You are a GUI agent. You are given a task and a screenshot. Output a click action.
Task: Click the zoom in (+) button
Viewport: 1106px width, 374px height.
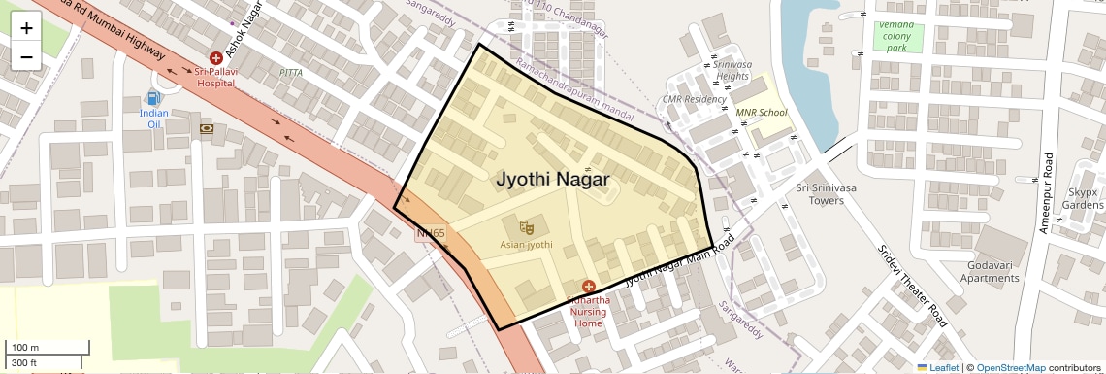(26, 28)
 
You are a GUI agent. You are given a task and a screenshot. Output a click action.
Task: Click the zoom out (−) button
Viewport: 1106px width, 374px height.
(26, 56)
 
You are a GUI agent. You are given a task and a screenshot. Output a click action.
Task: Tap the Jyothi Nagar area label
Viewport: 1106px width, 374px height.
(553, 180)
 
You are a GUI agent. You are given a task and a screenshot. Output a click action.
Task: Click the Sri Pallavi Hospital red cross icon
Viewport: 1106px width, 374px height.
(216, 59)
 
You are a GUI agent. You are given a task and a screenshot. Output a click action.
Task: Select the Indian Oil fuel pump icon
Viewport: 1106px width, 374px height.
(153, 98)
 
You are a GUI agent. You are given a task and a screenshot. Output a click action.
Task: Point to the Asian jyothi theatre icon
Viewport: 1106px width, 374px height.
(527, 227)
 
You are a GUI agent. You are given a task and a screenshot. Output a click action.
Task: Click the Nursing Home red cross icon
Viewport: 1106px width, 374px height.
(588, 286)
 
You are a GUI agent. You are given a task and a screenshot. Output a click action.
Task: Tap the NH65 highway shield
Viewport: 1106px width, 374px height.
(431, 233)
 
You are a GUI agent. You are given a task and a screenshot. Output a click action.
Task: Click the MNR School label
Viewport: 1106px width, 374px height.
(762, 113)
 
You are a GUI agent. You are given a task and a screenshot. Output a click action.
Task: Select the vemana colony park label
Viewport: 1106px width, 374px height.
(896, 36)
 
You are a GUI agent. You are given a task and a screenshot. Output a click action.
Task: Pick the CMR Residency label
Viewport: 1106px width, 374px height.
(694, 99)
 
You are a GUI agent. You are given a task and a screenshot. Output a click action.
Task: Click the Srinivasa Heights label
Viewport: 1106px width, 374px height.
(732, 70)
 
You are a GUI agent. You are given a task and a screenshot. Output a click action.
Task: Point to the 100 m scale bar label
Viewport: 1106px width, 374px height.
(25, 348)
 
